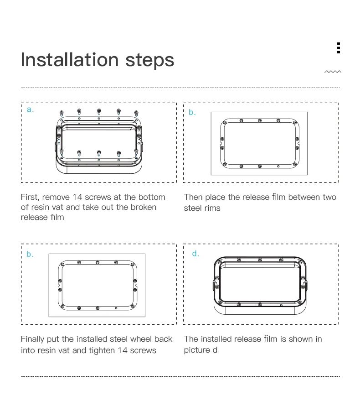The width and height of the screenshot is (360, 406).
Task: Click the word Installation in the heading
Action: point(70,60)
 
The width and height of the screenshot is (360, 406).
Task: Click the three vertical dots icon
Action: point(339,48)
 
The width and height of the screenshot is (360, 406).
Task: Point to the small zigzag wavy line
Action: point(333,72)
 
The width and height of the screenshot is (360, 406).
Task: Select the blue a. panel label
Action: point(30,109)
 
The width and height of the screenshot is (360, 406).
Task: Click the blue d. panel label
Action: point(195,253)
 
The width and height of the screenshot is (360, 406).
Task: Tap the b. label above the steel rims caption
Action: point(192,112)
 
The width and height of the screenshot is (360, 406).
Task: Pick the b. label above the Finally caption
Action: point(30,254)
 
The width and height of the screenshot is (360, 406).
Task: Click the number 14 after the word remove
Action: point(77,197)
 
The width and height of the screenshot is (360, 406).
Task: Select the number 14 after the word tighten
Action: point(122,350)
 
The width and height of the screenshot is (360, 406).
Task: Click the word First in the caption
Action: point(30,197)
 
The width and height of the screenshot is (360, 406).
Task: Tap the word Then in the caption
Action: point(194,197)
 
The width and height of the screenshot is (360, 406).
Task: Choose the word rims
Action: point(211,208)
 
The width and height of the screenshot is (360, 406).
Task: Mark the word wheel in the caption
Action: point(141,339)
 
